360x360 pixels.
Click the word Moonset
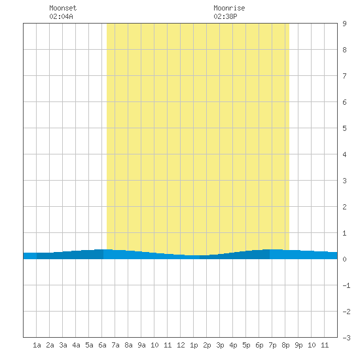(63, 8)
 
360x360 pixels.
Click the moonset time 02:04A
(61, 16)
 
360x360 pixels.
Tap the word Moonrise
(229, 8)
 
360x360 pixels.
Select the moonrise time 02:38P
(225, 16)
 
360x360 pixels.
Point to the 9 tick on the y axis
(344, 24)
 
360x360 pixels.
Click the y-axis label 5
(344, 128)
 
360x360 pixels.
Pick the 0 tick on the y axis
(344, 259)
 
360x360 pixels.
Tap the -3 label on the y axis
(346, 338)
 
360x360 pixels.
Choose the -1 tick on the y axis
(346, 285)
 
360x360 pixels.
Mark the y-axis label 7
(344, 76)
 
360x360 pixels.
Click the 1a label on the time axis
(37, 345)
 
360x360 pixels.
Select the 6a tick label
(102, 345)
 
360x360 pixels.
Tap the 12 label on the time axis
(181, 345)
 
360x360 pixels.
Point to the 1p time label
(194, 345)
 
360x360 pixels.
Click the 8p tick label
(285, 345)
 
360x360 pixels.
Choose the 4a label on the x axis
(76, 345)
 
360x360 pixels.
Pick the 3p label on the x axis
(220, 345)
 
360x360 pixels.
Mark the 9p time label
(298, 345)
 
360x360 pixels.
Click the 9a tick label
(141, 345)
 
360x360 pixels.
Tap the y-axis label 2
(344, 207)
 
